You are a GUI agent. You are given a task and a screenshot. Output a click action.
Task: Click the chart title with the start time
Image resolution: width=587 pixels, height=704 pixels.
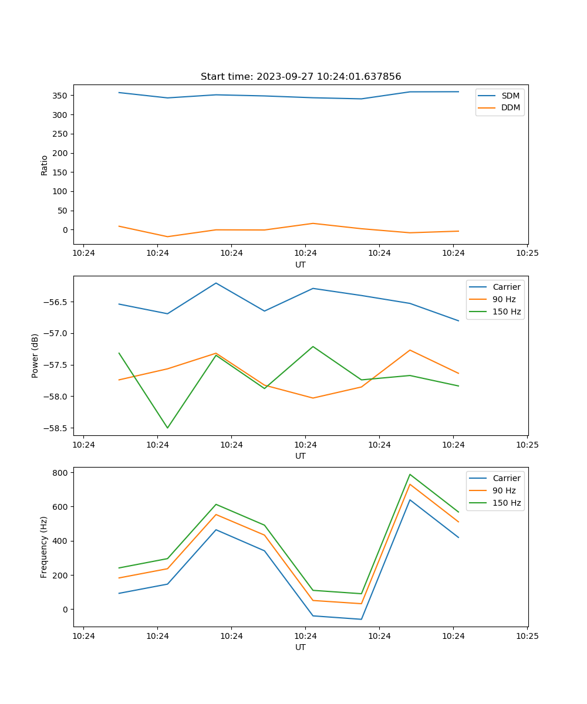[301, 77]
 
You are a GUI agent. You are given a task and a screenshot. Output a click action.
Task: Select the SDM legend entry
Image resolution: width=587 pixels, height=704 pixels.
[510, 96]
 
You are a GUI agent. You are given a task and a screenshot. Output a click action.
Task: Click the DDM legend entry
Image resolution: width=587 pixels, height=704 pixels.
[510, 108]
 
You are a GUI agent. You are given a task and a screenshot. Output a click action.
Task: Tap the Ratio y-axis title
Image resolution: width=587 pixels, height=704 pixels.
[45, 164]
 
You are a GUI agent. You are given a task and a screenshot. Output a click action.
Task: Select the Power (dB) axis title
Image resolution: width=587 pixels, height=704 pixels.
[35, 356]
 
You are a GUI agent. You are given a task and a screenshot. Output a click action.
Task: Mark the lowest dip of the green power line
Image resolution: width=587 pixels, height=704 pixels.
[167, 428]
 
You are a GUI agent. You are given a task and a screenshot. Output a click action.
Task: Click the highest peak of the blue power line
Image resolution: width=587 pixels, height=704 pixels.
[216, 283]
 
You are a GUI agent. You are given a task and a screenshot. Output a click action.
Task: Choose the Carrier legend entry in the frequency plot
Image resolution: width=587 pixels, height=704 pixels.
[506, 478]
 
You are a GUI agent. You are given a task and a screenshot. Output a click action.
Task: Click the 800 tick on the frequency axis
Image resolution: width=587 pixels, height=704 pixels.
[61, 473]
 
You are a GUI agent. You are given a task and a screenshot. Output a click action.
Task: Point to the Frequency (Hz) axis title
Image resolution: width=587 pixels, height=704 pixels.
[45, 547]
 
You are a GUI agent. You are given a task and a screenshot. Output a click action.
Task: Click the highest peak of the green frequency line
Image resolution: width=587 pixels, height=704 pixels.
[410, 474]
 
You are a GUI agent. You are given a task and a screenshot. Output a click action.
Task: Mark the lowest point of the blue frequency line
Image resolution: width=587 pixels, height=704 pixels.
[361, 619]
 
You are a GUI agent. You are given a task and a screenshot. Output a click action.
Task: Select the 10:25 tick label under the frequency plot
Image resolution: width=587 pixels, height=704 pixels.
[527, 636]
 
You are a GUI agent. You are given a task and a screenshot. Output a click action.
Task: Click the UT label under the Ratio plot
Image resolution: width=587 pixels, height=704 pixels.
[301, 265]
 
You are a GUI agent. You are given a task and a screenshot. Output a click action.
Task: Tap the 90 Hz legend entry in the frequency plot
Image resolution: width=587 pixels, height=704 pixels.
[504, 490]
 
